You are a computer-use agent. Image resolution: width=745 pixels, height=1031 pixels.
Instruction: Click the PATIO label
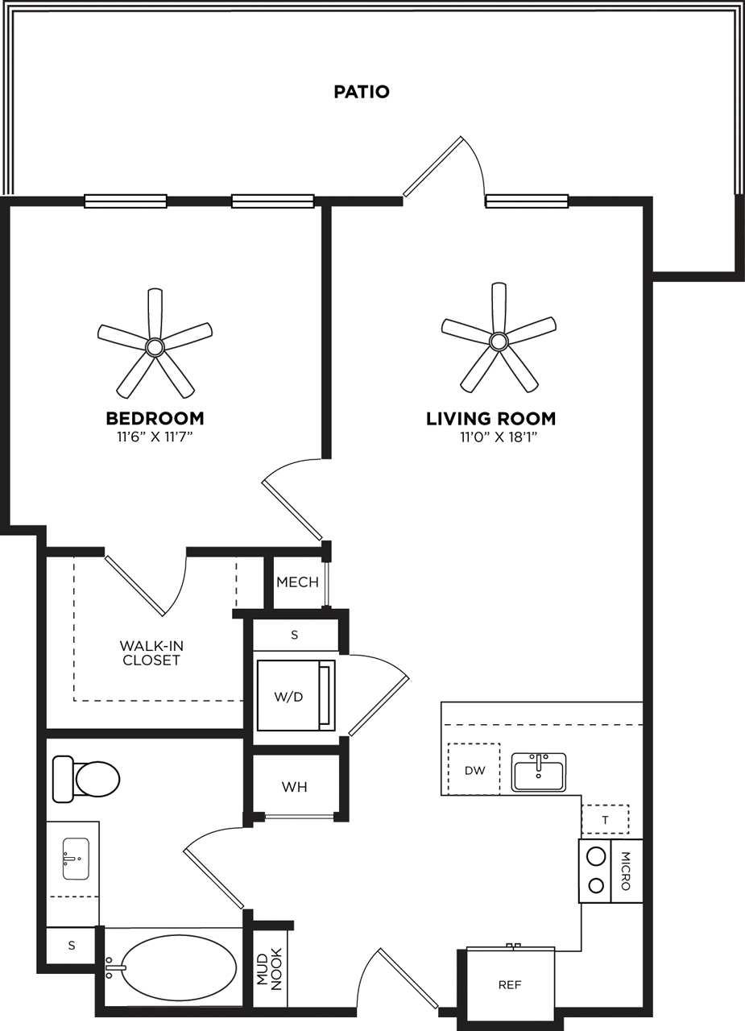pos(362,92)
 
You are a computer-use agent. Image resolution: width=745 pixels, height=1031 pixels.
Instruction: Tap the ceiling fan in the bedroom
pos(155,346)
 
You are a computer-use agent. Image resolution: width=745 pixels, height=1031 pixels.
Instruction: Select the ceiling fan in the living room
pos(499,341)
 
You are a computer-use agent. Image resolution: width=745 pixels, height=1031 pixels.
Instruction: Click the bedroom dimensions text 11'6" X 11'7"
pos(155,437)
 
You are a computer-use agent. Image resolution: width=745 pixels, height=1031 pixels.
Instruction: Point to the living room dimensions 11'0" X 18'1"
pos(499,437)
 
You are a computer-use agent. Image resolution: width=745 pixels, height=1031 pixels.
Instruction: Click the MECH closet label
pos(297,582)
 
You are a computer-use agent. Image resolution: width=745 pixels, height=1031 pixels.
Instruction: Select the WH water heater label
pos(295,787)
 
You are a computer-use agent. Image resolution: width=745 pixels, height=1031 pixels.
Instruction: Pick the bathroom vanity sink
pos(76,859)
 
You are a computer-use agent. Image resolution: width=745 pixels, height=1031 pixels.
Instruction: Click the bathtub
pos(178,967)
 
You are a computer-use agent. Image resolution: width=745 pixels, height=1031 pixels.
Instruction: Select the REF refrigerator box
pos(510,984)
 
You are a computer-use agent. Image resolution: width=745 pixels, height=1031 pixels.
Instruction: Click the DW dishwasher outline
pos(474,770)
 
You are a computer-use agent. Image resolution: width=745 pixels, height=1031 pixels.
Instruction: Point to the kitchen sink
pos(539,772)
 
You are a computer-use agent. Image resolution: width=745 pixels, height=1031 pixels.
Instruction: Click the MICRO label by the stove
pos(627,871)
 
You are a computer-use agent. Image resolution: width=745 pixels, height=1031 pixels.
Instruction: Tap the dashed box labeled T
pos(605,820)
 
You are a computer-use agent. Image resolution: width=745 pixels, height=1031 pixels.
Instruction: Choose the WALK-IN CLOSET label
pos(151,652)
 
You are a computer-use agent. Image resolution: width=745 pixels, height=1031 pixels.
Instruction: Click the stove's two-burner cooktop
pos(596,871)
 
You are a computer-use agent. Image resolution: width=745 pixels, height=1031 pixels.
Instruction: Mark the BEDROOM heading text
pos(155,419)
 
